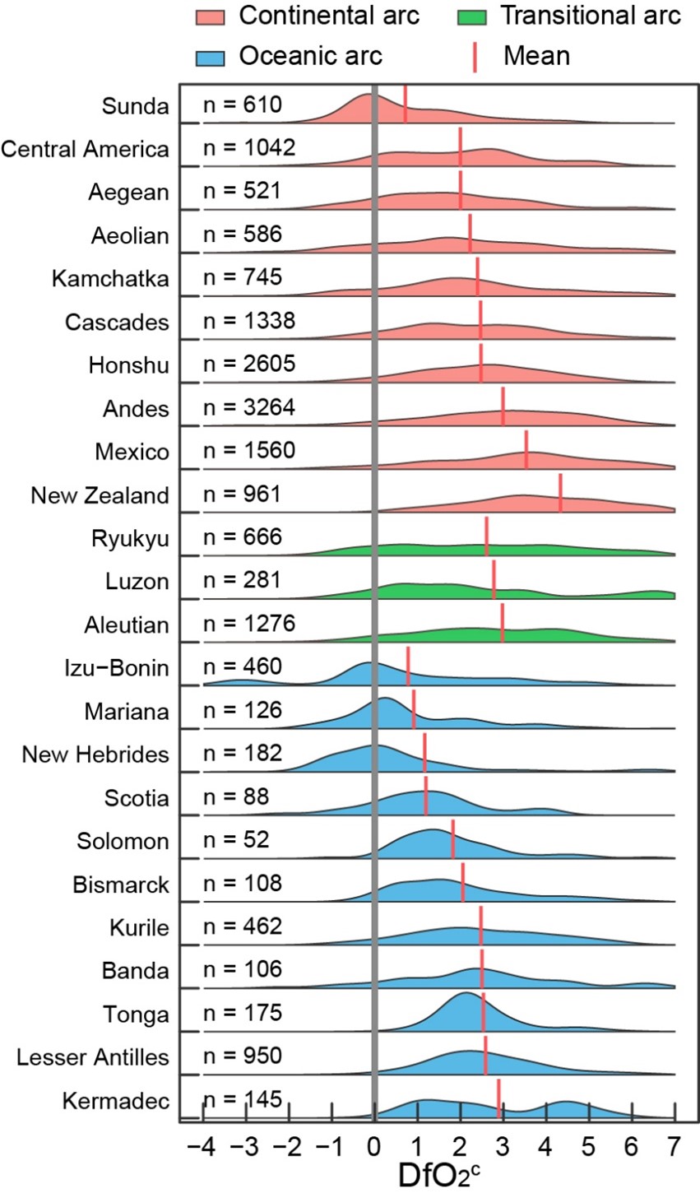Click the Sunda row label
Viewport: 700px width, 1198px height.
pyautogui.click(x=135, y=105)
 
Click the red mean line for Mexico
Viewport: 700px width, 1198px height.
pyautogui.click(x=526, y=452)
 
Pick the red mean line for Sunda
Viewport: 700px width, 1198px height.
pyautogui.click(x=406, y=104)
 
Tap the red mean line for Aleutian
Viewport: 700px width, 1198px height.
pyautogui.click(x=503, y=623)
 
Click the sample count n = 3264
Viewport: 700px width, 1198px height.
pyautogui.click(x=248, y=408)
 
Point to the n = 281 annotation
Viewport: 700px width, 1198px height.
pyautogui.click(x=243, y=582)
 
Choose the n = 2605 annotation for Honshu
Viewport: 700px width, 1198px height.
pyautogui.click(x=248, y=365)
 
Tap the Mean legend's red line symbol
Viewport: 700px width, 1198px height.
pyautogui.click(x=475, y=57)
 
